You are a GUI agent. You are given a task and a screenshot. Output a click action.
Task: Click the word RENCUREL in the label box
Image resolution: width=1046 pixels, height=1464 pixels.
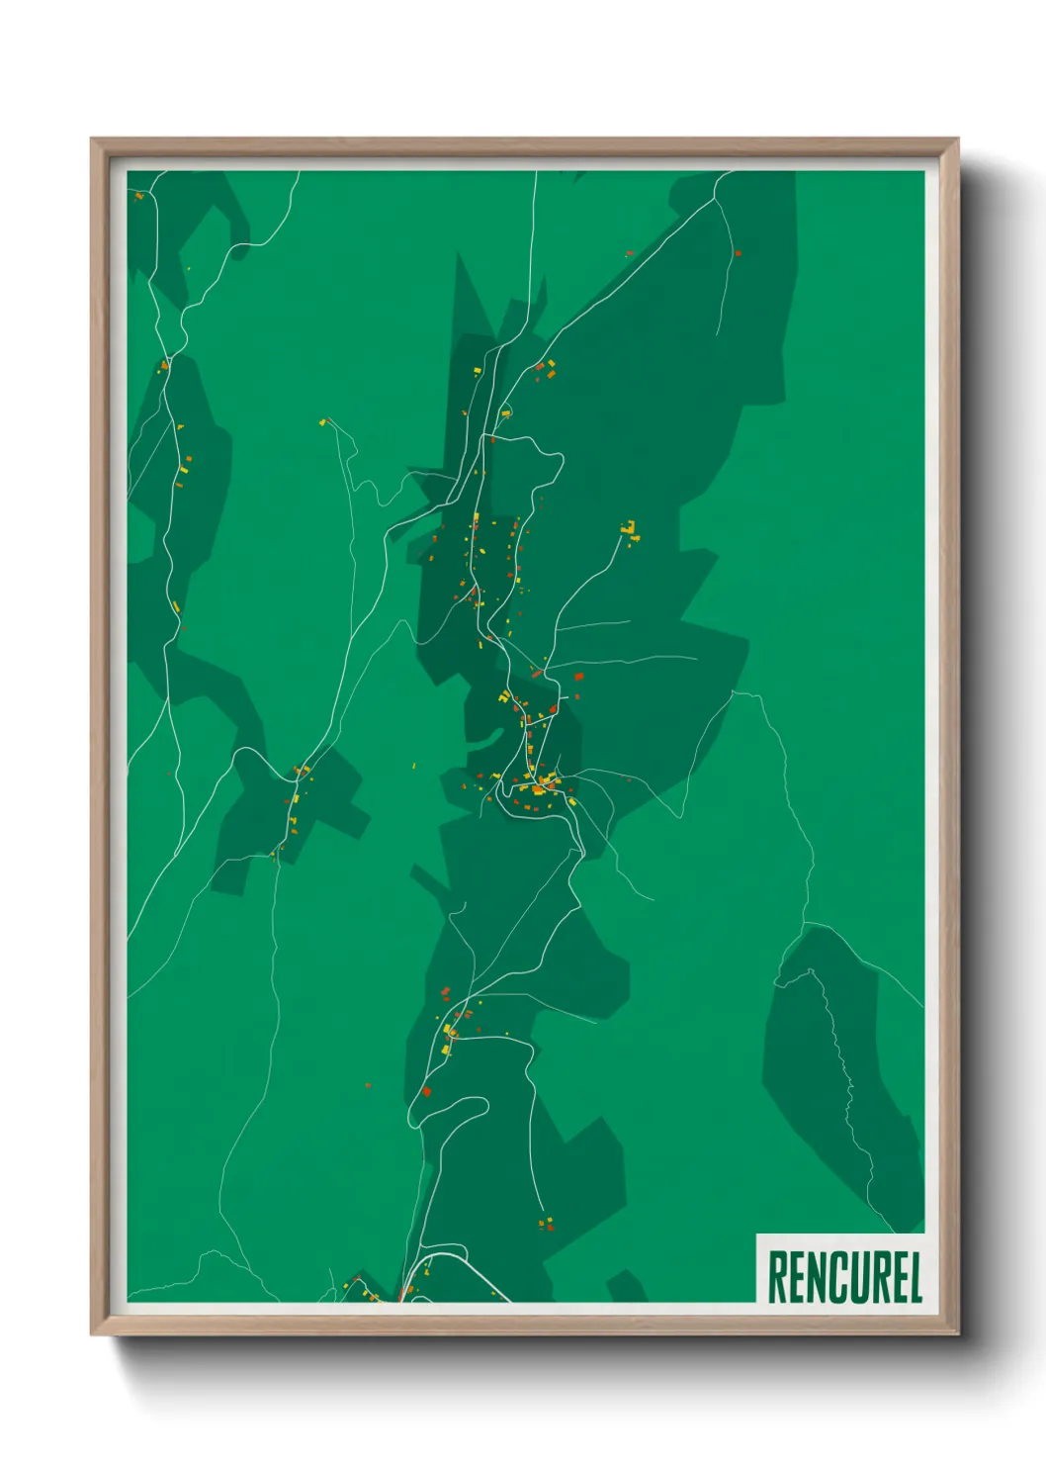pos(844,1277)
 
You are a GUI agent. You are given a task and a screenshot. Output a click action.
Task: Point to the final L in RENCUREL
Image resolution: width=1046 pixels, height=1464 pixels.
pos(915,1277)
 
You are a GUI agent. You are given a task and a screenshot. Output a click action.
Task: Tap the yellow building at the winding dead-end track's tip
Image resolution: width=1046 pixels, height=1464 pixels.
pos(322,423)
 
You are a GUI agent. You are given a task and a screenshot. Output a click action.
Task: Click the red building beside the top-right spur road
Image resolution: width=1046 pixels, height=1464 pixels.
pos(738,254)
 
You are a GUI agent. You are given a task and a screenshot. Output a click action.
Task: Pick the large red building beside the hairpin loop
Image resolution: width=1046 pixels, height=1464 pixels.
pos(427,1091)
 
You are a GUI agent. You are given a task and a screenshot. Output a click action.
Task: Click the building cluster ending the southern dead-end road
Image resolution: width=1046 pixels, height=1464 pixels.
pos(545,1224)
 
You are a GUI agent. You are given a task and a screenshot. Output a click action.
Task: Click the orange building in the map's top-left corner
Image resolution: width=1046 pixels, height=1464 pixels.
pos(138,197)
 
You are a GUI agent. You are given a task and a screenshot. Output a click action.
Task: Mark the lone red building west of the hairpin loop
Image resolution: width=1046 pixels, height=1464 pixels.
pos(368,1085)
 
